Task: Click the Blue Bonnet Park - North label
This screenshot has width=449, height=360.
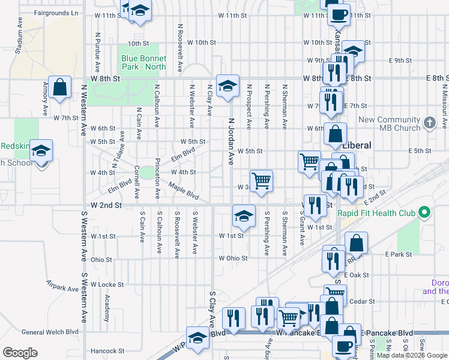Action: coord(143,62)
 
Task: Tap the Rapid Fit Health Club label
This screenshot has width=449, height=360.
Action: coord(384,213)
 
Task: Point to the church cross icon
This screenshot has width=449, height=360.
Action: coord(429,123)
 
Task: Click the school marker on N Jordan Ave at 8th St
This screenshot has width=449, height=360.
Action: coord(228,86)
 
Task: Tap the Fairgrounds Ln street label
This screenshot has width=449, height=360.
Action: coord(56,13)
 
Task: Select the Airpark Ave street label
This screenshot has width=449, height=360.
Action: coord(62,288)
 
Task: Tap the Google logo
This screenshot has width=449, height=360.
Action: coord(20,353)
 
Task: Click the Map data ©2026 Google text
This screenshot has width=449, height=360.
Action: coord(412,355)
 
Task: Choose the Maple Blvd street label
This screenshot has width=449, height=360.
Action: coord(184,191)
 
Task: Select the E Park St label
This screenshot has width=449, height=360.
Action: coord(399,254)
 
